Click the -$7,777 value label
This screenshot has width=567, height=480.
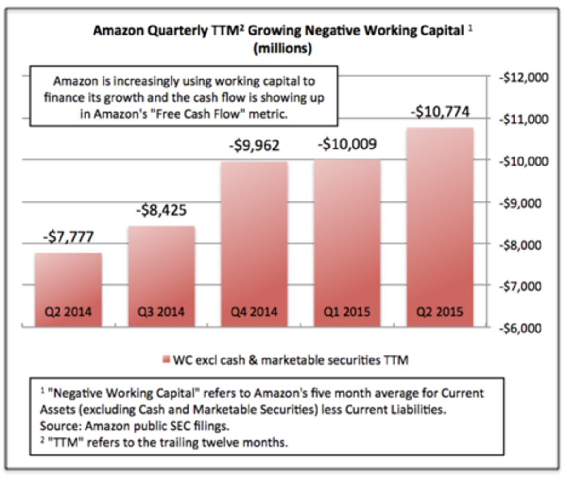point(68,236)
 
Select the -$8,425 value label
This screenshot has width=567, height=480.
point(161,209)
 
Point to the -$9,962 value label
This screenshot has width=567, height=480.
point(254,145)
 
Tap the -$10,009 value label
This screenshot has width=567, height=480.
point(347,143)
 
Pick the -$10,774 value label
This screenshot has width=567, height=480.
point(440,112)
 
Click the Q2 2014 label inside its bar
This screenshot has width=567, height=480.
point(68,312)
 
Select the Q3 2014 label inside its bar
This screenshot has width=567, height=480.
point(161,312)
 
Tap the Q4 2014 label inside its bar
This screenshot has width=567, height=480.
point(254,312)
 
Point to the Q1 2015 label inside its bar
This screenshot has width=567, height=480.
point(347,312)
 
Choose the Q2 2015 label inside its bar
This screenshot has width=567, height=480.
point(440,312)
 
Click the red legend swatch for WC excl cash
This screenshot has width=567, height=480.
point(165,360)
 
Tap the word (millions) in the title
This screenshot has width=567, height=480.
point(283,48)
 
